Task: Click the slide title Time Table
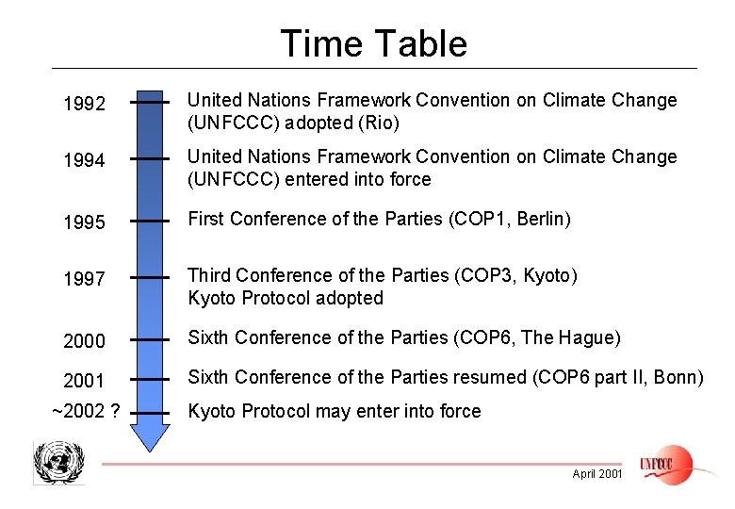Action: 373,43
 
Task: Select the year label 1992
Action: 84,105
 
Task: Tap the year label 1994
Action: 84,161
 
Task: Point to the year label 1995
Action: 84,224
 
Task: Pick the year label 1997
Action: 84,281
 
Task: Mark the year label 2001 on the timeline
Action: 84,381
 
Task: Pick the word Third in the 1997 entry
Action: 209,275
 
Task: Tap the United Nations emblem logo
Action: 58,462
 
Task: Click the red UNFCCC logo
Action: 665,464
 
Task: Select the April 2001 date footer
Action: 596,474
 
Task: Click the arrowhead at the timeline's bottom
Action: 149,435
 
